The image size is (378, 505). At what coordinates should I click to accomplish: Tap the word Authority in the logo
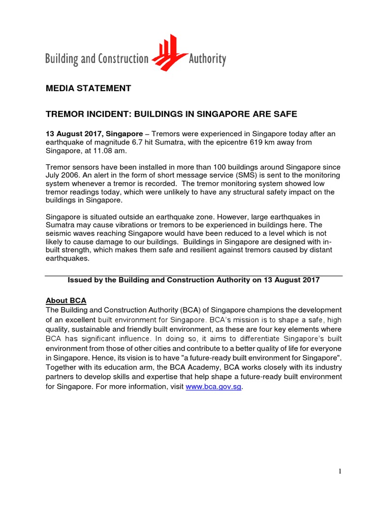[207, 60]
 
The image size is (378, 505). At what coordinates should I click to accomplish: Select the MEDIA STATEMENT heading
[88, 89]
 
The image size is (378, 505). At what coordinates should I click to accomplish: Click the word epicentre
[236, 142]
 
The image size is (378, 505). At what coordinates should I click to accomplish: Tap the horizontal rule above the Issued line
[194, 276]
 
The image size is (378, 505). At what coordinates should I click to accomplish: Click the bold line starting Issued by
[193, 280]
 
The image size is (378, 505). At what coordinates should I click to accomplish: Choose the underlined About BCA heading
[66, 300]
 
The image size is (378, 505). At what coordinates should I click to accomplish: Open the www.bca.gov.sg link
[214, 387]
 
